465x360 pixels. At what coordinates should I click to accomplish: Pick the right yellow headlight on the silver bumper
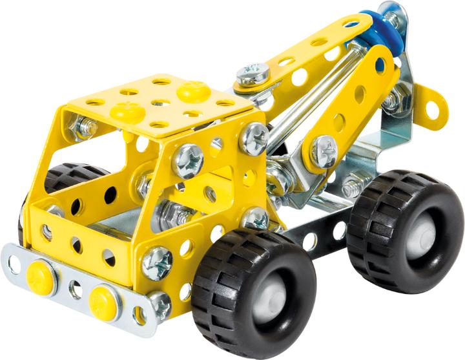pos(104,299)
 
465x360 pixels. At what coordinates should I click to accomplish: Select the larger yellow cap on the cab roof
pos(192,91)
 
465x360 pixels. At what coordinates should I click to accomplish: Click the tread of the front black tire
pos(213,304)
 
